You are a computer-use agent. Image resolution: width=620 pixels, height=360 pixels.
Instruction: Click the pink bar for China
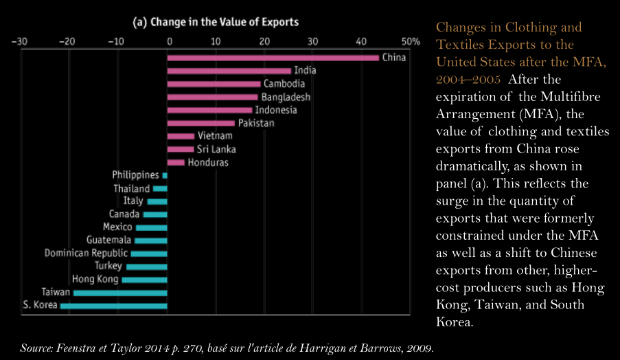coord(273,58)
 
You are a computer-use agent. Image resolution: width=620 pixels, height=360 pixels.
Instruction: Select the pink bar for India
coord(229,71)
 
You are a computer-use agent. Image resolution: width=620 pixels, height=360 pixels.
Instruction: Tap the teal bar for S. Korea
coord(113,306)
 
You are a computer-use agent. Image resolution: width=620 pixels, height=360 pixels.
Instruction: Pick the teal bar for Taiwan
coord(120,293)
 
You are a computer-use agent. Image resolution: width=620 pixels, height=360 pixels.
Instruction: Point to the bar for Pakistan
coord(201,124)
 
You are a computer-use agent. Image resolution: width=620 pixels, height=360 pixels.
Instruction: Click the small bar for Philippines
coord(165,176)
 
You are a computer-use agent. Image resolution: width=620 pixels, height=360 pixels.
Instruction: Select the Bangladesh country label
coord(286,97)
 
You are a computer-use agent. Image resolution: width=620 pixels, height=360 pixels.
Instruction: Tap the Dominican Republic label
coord(87,254)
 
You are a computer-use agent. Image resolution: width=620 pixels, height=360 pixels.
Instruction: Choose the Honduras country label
coord(208,163)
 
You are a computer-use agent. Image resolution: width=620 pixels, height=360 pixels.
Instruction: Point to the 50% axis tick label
coord(411,41)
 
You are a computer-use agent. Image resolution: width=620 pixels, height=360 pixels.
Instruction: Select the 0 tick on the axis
coord(168,41)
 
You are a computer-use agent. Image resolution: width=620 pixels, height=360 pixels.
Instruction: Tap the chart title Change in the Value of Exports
coord(216,22)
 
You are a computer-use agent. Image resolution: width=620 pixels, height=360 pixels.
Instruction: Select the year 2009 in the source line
coord(419,348)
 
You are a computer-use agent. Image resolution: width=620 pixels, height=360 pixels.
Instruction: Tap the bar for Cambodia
coord(214,84)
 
